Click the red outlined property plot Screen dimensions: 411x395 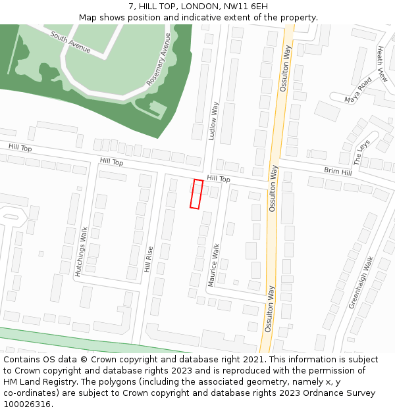point(196,194)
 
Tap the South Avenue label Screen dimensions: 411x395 point(70,43)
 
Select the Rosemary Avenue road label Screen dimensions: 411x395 point(159,60)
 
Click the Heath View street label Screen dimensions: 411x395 point(381,64)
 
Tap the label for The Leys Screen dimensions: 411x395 point(362,152)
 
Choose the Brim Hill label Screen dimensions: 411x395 point(338,172)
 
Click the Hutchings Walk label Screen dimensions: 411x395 point(82,252)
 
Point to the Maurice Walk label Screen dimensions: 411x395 point(213,265)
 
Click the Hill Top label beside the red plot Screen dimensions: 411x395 point(219,179)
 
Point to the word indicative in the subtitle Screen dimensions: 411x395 point(207,17)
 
